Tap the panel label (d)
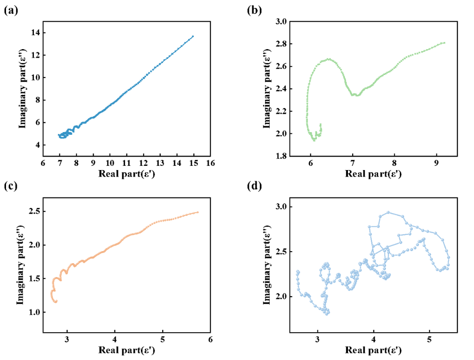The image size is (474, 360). click(x=254, y=187)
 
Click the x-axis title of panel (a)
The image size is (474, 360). click(x=126, y=174)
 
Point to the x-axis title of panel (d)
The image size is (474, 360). click(x=373, y=350)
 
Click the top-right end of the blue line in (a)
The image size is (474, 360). click(x=193, y=36)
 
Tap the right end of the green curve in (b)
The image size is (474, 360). click(x=444, y=43)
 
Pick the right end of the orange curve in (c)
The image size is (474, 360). click(x=198, y=212)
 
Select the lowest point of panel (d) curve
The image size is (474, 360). click(x=327, y=314)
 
